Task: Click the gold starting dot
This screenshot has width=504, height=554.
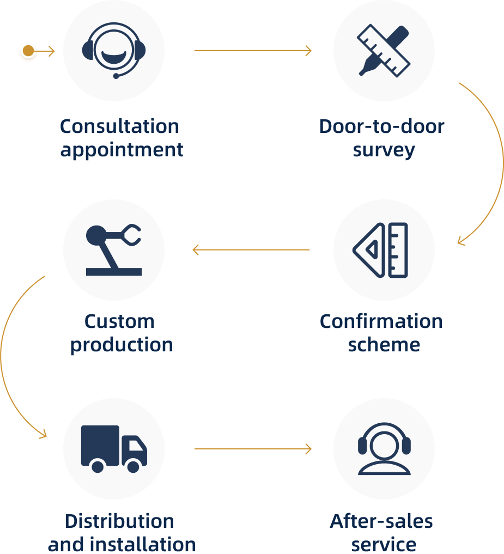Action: coord(28,51)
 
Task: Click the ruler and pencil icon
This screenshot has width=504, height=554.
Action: coord(384,50)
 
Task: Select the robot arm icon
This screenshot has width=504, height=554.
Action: coord(114,249)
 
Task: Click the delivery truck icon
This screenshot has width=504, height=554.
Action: coord(114,448)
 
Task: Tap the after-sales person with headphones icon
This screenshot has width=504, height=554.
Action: coord(384,448)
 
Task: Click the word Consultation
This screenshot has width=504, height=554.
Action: coord(119,126)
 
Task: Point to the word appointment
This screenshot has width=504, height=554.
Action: coord(122,150)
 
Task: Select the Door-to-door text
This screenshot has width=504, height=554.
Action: coord(381,126)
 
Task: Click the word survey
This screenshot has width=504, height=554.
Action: coord(384,150)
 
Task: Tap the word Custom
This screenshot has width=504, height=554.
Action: coord(119,321)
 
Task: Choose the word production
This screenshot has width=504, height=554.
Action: coord(122,345)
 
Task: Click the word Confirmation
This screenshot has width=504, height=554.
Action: coord(381,321)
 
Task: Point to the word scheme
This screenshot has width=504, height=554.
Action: coord(384,345)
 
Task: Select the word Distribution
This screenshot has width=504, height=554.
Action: coord(119,521)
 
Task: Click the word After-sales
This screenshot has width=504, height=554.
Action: coord(381,521)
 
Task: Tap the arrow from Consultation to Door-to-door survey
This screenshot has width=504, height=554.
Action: coord(253,51)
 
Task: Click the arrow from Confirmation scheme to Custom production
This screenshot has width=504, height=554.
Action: coord(251,250)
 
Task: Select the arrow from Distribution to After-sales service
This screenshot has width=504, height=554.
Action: coord(253,449)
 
